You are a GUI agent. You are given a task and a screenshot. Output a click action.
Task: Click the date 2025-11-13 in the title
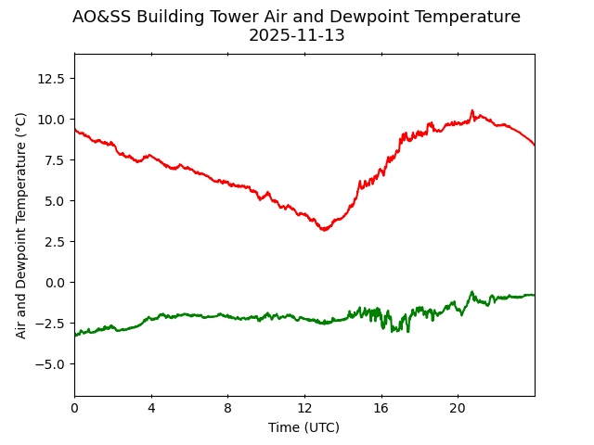coord(296,35)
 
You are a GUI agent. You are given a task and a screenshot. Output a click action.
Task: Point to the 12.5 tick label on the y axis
coord(50,79)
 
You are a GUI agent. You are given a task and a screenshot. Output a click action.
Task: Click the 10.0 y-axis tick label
coord(50,120)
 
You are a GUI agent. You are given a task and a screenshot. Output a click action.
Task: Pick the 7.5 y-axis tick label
coord(54,160)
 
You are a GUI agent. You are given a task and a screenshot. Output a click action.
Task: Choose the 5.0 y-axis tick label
coord(54,201)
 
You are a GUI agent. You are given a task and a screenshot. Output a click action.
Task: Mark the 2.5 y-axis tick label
coord(54,242)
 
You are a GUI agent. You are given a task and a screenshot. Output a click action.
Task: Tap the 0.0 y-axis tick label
coord(54,283)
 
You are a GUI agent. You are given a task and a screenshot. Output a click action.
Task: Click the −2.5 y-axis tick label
coord(50,324)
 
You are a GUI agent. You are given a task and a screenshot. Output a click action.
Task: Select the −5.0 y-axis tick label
coord(50,364)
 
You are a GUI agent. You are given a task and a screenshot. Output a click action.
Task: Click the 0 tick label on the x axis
coord(75,408)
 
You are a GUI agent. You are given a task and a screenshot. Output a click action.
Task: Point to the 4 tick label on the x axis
coord(151,408)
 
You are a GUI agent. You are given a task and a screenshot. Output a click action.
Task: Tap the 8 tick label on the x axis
coord(228,408)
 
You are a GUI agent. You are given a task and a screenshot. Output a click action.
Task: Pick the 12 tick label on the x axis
coord(304,408)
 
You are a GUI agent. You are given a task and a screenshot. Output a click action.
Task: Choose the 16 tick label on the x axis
coord(381,408)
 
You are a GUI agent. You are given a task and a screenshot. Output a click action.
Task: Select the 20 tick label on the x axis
coord(458,408)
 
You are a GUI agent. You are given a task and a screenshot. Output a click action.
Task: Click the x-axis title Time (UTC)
coord(304,427)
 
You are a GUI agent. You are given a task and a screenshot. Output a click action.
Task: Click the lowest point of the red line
coord(324,229)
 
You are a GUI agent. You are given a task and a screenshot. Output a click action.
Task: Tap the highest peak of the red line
coord(471,110)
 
